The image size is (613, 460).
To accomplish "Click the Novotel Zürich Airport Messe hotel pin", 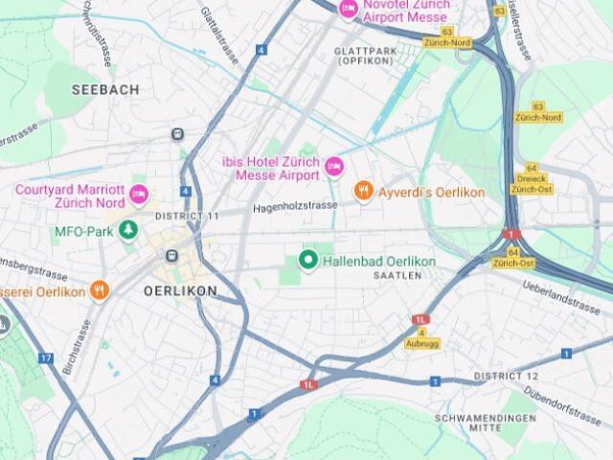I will click(x=349, y=10).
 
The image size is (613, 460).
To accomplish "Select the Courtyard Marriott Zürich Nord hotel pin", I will click(x=139, y=195).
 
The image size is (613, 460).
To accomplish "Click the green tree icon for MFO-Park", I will click(x=126, y=232).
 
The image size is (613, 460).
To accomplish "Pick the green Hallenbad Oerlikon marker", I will click(x=308, y=260).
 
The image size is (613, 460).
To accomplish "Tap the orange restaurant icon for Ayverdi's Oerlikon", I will click(x=363, y=192).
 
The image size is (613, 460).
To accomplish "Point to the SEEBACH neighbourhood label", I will click(x=105, y=89).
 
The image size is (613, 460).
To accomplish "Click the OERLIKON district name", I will click(x=180, y=289).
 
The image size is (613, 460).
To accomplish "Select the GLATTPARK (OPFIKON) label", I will click(x=365, y=55).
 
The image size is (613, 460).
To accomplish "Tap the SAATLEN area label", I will click(x=397, y=275).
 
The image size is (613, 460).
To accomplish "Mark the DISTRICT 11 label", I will click(x=187, y=216).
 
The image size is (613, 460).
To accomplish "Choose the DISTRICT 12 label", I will click(x=506, y=376).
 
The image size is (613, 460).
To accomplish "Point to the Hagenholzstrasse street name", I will click(x=295, y=206).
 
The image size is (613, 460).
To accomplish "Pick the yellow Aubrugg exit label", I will click(x=421, y=343).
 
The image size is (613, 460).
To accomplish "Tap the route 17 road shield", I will click(x=46, y=357).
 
